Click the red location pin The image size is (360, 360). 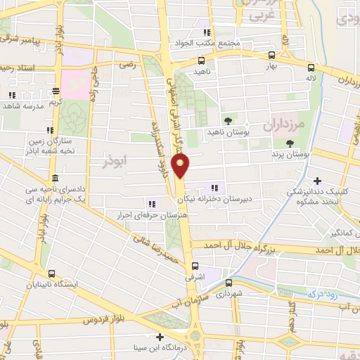click(182, 166)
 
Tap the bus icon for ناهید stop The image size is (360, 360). click(200, 61)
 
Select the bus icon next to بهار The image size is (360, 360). click(271, 55)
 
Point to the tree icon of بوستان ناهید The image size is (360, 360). click(226, 119)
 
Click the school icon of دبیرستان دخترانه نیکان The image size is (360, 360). click(214, 188)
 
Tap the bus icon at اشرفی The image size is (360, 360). click(195, 266)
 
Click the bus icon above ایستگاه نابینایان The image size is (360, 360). click(50, 274)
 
